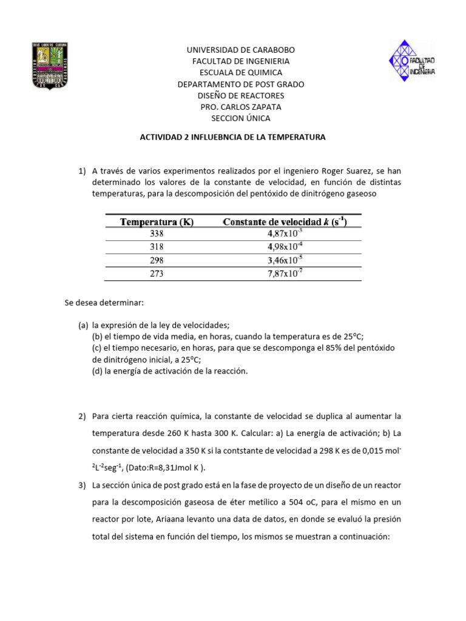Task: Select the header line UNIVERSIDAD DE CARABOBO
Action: (x=241, y=50)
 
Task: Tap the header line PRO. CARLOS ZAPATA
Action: (x=241, y=107)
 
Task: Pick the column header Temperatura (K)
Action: (x=157, y=222)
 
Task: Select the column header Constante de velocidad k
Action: (x=285, y=222)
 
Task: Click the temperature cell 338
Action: (x=157, y=233)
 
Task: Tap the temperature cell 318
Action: (x=157, y=247)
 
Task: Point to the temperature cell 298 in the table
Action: (x=157, y=260)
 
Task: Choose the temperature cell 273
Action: (x=157, y=274)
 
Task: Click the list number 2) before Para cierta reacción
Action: (x=82, y=416)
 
